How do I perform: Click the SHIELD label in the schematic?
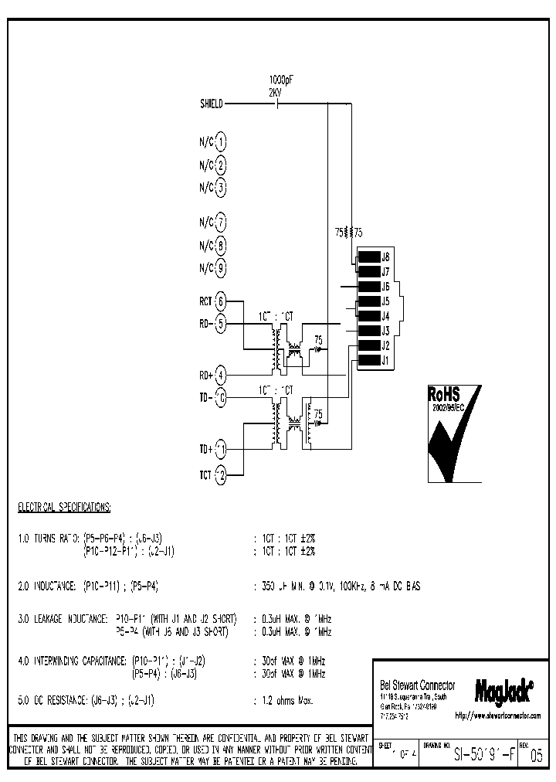211,104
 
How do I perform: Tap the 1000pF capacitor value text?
280,80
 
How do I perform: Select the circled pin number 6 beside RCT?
221,301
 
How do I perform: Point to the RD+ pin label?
205,376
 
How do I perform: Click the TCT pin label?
205,474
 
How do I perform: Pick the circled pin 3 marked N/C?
221,188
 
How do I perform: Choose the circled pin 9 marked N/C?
221,268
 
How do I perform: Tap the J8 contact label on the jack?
386,257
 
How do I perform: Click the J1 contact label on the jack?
386,359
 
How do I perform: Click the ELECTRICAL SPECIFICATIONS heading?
64,508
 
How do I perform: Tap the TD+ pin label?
205,449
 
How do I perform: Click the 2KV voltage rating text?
275,91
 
